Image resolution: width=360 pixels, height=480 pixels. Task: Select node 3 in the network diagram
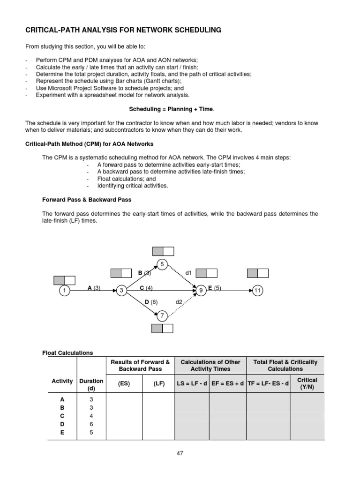tap(121, 291)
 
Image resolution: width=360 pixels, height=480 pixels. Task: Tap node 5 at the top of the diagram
tap(163, 264)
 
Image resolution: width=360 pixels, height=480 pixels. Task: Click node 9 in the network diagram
tap(201, 291)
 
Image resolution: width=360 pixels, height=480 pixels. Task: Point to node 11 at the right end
tap(257, 291)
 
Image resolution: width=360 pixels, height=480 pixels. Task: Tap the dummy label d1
tap(189, 272)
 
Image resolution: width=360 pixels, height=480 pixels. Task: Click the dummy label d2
tap(179, 302)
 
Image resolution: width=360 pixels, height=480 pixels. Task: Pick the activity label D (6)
tap(151, 302)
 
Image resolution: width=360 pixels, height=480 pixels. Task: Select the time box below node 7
tap(162, 329)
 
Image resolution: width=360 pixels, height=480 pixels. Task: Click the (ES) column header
tap(124, 383)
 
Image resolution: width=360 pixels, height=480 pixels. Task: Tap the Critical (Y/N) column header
tap(307, 383)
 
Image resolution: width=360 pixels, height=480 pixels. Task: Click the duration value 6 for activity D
tap(91, 424)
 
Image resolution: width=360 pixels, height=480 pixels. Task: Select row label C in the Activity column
tap(62, 416)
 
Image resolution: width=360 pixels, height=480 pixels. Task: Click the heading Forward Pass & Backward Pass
tap(87, 200)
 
